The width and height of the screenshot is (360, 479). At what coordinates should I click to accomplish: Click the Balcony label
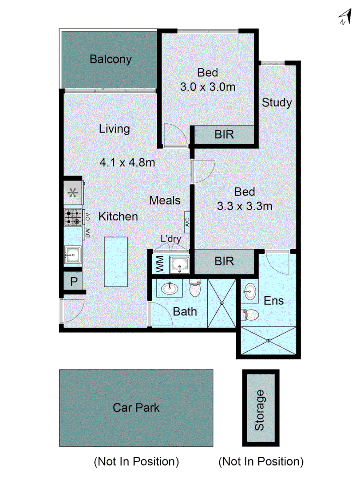click(x=111, y=59)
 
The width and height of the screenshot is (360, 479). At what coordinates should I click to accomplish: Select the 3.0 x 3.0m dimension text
click(x=207, y=86)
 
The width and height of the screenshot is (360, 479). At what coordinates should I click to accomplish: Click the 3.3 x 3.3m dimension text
click(x=245, y=206)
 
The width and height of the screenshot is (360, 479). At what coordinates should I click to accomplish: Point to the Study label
click(x=277, y=103)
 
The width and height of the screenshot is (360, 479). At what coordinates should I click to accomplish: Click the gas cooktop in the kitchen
click(x=73, y=217)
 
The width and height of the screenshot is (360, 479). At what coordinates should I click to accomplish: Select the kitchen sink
click(x=73, y=255)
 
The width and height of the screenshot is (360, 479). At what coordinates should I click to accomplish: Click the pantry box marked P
click(x=73, y=281)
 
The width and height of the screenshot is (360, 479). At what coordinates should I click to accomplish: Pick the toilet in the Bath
click(x=195, y=289)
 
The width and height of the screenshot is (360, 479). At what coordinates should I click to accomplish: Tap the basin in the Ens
click(x=249, y=291)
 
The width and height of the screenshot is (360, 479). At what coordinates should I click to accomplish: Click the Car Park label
click(x=136, y=408)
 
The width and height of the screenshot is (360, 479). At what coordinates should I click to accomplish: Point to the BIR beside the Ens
click(x=224, y=261)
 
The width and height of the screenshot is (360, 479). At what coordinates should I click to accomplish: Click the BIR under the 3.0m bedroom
click(x=224, y=134)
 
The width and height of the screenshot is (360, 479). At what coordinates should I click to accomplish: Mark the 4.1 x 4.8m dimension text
click(x=127, y=162)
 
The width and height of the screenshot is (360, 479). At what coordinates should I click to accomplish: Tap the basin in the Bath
click(x=170, y=289)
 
